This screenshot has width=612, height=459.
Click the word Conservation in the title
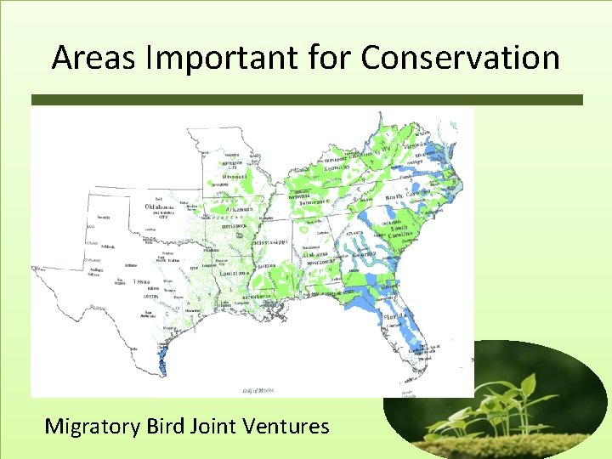pos(460,58)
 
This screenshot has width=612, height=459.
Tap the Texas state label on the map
pos(141,280)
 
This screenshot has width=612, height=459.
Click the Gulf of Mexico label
pos(258,390)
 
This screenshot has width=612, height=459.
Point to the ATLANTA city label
pos(354,232)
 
